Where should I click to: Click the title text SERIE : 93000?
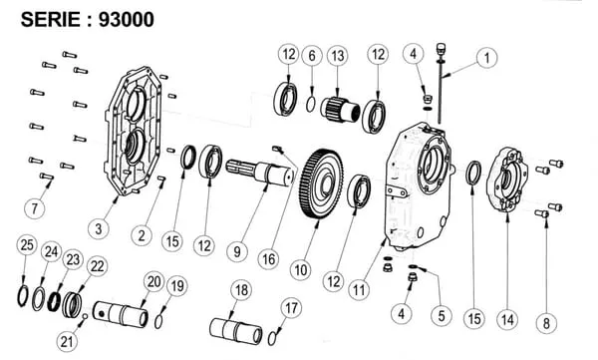tap(88, 20)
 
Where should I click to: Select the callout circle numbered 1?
tap(486, 58)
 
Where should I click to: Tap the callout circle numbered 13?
tap(338, 56)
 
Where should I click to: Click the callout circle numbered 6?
tap(312, 56)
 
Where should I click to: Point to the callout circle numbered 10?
tap(301, 270)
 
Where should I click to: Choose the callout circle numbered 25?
tap(27, 245)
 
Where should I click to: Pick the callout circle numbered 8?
tap(546, 323)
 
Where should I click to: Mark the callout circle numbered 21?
tap(67, 341)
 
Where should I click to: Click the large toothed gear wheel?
tap(321, 184)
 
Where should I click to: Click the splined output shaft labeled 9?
tap(260, 174)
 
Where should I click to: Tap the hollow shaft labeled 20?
tap(121, 314)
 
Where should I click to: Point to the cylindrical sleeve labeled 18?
tap(236, 331)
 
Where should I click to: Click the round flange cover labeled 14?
tap(507, 179)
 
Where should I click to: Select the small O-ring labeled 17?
tap(272, 338)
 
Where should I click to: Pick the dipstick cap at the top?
tap(441, 50)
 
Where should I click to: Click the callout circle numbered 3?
tap(99, 228)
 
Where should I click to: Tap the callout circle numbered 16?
tap(268, 259)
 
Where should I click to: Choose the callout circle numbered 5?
tap(442, 316)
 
